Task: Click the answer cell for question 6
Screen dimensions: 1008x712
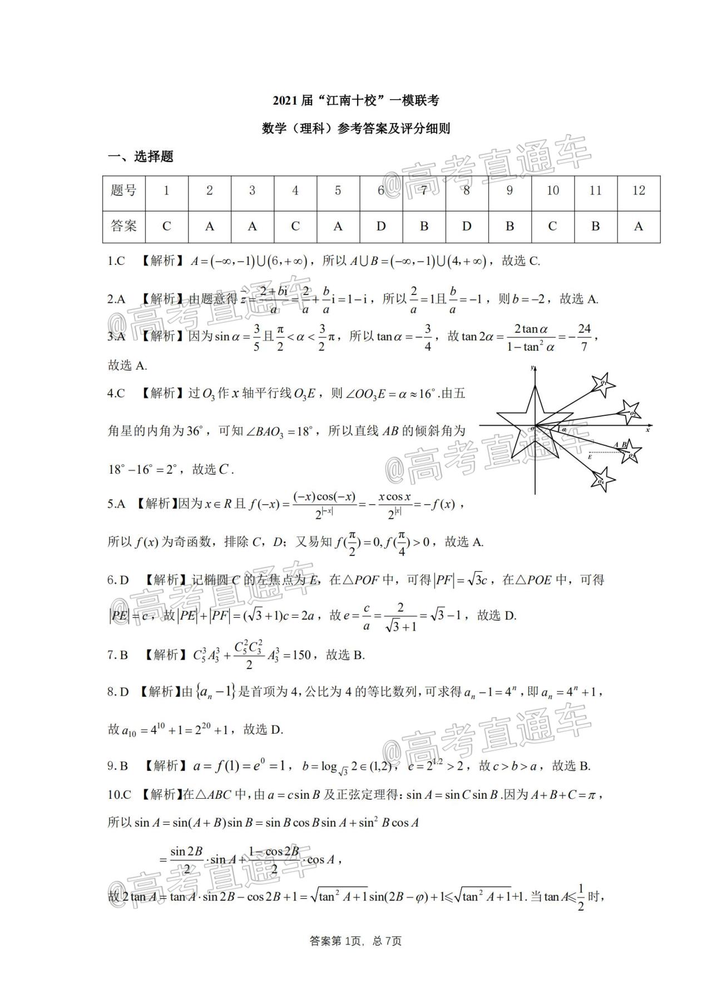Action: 381,226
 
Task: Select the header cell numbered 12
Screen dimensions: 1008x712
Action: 638,190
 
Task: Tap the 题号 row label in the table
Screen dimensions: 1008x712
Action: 123,190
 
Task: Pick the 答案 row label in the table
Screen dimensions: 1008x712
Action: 123,226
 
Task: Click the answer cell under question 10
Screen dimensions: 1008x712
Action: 552,226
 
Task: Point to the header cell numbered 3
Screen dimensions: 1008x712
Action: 252,190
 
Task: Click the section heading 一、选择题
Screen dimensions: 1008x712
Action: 140,156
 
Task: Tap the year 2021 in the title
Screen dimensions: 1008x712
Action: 285,101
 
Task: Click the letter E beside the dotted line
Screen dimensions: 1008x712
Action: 590,456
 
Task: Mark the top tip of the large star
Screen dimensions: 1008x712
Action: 535,386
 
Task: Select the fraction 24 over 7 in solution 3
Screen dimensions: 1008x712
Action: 584,337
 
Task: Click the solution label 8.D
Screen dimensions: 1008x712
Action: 118,692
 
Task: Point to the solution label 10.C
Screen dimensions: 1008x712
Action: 120,794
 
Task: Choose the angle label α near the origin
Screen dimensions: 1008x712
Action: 563,430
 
